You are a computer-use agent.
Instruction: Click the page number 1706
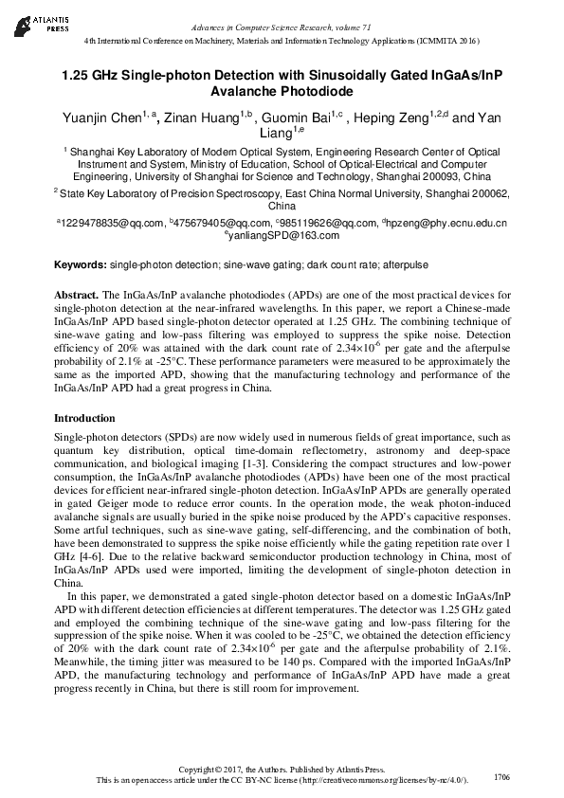point(502,776)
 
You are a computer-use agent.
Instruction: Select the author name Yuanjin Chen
point(101,118)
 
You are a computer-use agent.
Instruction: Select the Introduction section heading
point(84,418)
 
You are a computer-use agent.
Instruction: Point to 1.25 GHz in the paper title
point(91,74)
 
